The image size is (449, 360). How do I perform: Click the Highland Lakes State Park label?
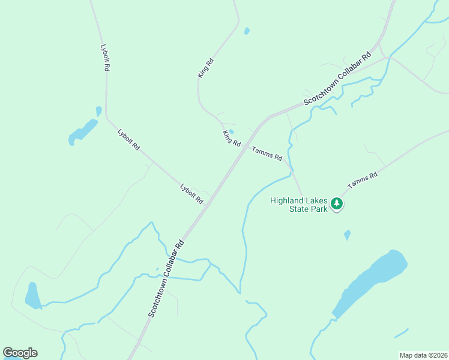click(299, 205)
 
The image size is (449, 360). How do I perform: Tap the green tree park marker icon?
click(337, 204)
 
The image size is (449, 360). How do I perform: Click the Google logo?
click(20, 353)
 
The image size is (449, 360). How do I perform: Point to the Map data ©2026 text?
click(423, 355)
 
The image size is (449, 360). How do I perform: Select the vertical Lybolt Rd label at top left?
click(105, 58)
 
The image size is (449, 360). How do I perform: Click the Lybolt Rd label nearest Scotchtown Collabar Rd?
click(192, 194)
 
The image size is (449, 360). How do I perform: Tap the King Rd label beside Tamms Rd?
click(231, 139)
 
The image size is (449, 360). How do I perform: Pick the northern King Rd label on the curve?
click(206, 67)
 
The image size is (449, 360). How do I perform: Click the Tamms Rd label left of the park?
click(267, 154)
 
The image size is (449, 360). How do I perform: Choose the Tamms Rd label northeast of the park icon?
click(363, 181)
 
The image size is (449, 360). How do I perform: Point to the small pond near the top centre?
click(247, 31)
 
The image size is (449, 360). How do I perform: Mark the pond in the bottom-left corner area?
click(32, 295)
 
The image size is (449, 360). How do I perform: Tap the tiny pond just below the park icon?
click(347, 235)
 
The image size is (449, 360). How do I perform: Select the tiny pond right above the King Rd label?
click(232, 132)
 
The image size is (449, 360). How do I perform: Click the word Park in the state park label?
click(318, 209)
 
